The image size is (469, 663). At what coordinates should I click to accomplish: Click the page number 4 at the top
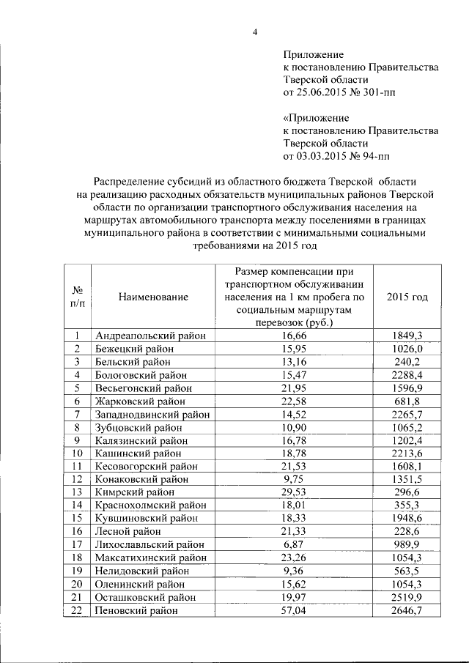click(255, 31)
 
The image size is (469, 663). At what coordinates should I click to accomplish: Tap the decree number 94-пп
click(384, 156)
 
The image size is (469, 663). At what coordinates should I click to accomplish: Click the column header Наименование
click(152, 297)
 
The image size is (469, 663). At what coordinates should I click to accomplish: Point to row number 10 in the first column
click(76, 453)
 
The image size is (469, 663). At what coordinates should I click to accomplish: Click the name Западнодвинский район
click(152, 414)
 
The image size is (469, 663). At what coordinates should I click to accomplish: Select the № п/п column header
click(76, 297)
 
